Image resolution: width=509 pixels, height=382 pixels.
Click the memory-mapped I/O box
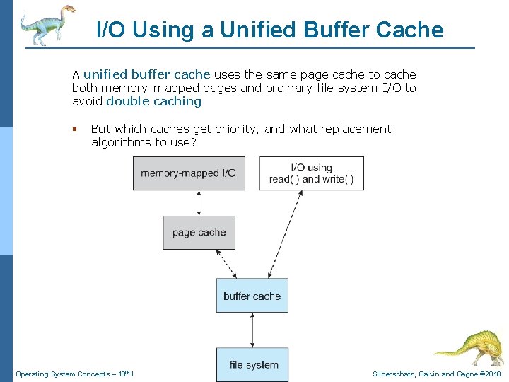189,173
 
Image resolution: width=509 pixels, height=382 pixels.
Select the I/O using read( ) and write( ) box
311,173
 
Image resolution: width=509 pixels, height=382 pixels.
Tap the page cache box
199,233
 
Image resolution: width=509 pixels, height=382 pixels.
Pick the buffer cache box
252,296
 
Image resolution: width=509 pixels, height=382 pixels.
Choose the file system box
252,364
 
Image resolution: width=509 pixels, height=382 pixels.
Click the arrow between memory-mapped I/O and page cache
199,203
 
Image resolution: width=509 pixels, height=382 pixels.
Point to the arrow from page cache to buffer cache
226,264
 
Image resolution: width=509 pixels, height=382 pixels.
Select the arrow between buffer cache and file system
252,330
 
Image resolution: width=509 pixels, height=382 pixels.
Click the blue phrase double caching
153,101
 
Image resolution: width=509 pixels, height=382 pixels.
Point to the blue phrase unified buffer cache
147,74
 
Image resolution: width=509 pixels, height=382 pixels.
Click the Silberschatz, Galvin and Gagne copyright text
436,374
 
